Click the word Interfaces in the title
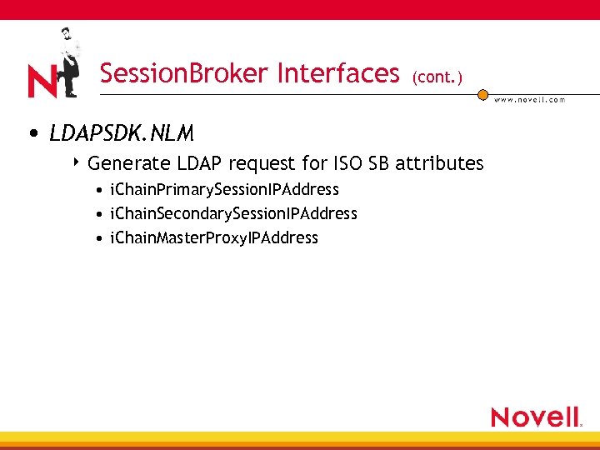pos(338,74)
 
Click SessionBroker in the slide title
pos(185,74)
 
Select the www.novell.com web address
pos(530,100)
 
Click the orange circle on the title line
pos(482,95)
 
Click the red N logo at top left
pos(42,81)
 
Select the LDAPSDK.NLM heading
pos(122,133)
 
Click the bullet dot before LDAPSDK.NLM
pos(32,134)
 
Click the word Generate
pos(125,163)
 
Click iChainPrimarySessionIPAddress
pos(225,190)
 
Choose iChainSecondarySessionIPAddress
pos(234,214)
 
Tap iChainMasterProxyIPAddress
pos(214,238)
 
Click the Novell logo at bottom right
pos(536,417)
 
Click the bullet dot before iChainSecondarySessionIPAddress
pos(100,215)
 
